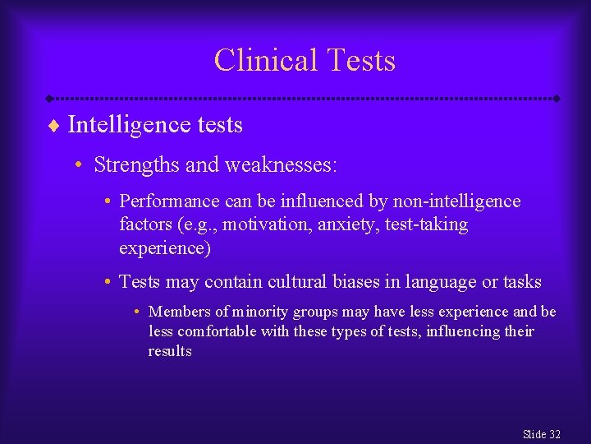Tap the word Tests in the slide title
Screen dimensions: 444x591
point(360,61)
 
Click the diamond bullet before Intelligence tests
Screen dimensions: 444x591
point(55,126)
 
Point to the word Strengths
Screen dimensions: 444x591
point(136,165)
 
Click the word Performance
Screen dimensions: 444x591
point(169,201)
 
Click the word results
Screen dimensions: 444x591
point(170,351)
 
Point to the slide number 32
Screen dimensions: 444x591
point(554,434)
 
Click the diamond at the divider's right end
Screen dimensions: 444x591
point(557,99)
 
